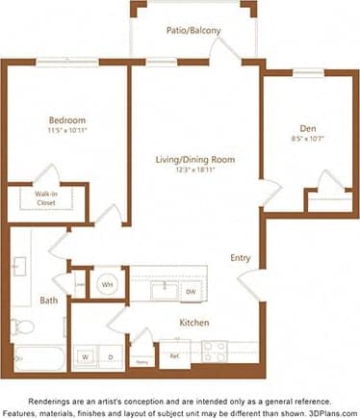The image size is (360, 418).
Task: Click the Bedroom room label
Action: tap(67, 120)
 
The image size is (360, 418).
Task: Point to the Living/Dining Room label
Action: tap(196, 159)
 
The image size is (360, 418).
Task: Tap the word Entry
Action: tap(241, 257)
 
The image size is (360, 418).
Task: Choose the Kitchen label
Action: tap(194, 323)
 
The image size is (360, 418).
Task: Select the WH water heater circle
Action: tap(106, 284)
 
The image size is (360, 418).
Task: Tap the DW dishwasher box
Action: tap(191, 291)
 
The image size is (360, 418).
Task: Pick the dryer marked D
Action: tap(109, 357)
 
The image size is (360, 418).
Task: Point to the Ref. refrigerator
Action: tap(175, 354)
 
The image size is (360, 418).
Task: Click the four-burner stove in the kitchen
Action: tap(215, 352)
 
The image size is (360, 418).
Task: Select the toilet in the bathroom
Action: tap(20, 327)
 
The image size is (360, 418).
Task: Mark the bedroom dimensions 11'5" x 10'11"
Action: tap(67, 132)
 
